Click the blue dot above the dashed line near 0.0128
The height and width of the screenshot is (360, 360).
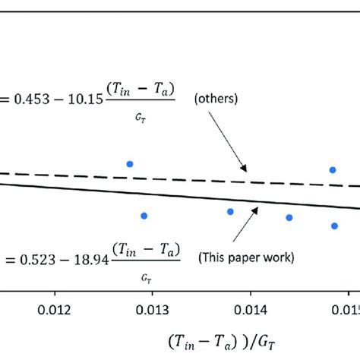tap(130, 163)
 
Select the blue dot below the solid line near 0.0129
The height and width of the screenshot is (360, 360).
tap(144, 216)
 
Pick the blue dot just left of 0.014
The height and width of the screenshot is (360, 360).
tap(230, 211)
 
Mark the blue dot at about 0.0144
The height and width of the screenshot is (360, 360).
tap(289, 217)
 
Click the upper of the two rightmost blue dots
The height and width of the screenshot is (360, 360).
tap(332, 169)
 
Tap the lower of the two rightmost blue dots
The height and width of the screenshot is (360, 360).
tap(334, 225)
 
